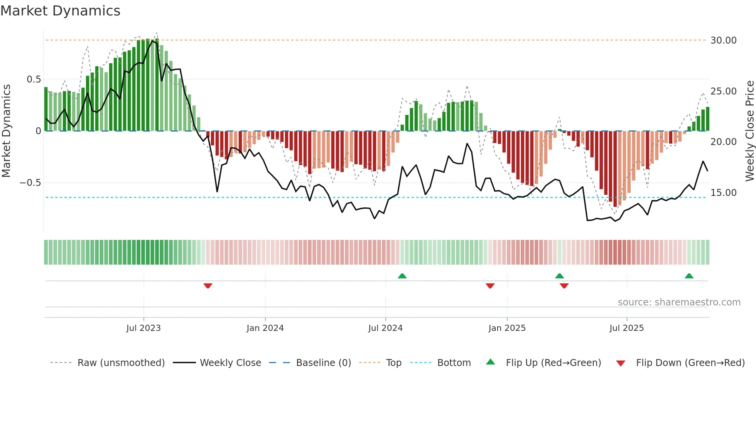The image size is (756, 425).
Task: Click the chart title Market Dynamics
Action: pos(60,11)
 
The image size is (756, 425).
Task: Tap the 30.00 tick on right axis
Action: pos(723,40)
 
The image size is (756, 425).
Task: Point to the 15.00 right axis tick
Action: pos(723,193)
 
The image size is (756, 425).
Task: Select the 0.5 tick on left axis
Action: pos(34,79)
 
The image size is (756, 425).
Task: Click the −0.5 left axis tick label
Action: pos(30,183)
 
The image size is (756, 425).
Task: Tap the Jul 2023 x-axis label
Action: pos(143,328)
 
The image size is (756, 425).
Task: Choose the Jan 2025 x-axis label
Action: pos(507,328)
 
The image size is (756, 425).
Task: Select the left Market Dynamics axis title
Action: pos(6,131)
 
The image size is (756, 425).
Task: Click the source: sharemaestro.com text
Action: pos(679,302)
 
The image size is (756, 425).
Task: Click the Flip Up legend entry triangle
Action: pos(490,362)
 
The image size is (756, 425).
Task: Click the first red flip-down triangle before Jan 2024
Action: pos(208,286)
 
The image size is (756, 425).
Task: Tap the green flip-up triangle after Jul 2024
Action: pos(402,276)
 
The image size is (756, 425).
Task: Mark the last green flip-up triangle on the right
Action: pos(689,276)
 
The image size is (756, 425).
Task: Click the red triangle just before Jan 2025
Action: pos(490,286)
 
